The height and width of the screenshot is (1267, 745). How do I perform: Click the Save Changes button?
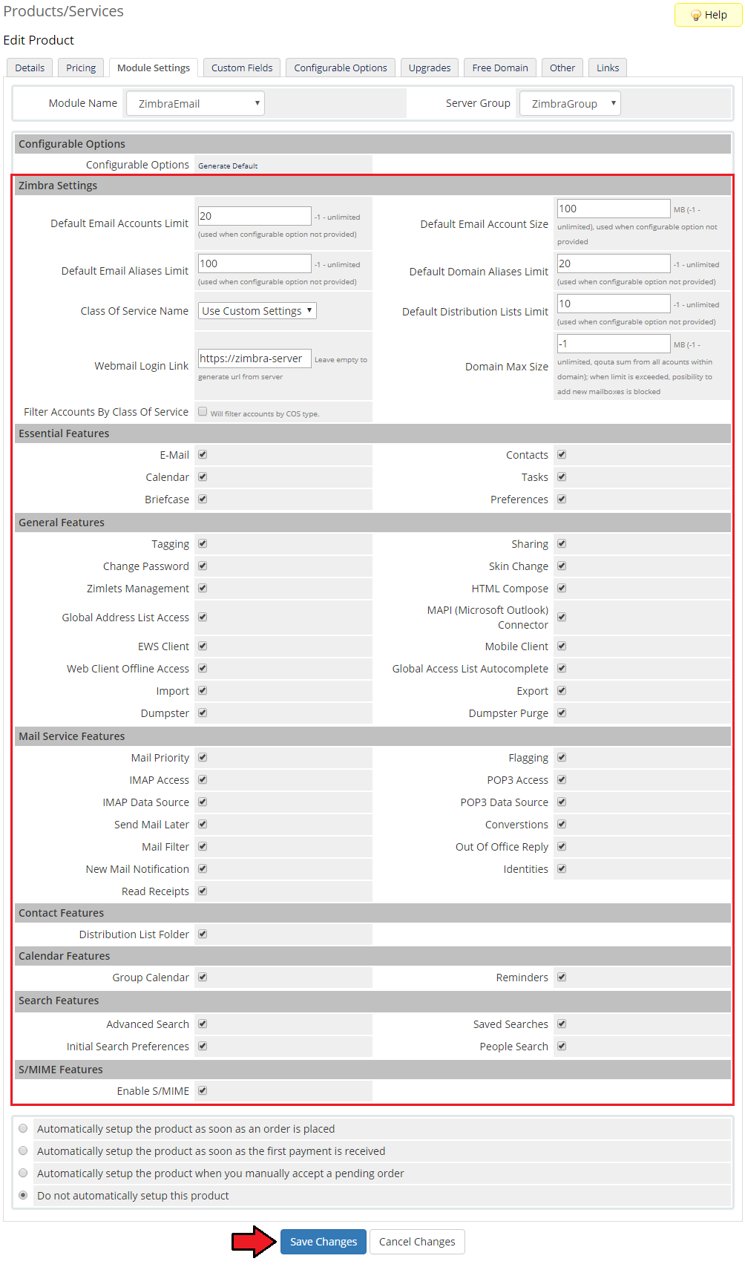pyautogui.click(x=324, y=1242)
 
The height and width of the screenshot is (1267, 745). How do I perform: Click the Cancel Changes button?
pyautogui.click(x=417, y=1242)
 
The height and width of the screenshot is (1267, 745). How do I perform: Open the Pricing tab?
pyautogui.click(x=81, y=68)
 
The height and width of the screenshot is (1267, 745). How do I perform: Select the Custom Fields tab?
pyautogui.click(x=242, y=68)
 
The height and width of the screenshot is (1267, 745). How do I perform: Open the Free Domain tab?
pyautogui.click(x=500, y=68)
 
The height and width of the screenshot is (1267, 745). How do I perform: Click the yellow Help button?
pyautogui.click(x=709, y=15)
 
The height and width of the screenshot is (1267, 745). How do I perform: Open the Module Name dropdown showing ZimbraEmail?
pyautogui.click(x=195, y=104)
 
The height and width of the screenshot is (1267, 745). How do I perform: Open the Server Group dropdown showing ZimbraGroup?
pyautogui.click(x=570, y=104)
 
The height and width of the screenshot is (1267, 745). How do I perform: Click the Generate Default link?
pyautogui.click(x=228, y=166)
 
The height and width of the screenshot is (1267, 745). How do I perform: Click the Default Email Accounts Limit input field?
pyautogui.click(x=254, y=216)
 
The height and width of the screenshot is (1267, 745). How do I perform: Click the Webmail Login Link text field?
pyautogui.click(x=254, y=359)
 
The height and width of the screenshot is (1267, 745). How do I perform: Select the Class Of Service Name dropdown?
pyautogui.click(x=257, y=311)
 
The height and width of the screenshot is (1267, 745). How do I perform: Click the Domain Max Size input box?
pyautogui.click(x=613, y=344)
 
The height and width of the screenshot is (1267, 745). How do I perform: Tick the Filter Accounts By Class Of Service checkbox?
pyautogui.click(x=203, y=411)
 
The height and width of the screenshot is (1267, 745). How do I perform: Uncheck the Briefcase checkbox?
pyautogui.click(x=203, y=499)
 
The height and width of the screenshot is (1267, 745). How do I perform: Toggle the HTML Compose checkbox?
pyautogui.click(x=562, y=588)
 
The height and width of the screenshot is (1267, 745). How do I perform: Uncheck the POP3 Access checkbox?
pyautogui.click(x=562, y=779)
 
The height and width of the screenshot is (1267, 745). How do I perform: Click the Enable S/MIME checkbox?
pyautogui.click(x=203, y=1090)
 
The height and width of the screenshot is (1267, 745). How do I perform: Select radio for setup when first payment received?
pyautogui.click(x=23, y=1150)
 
